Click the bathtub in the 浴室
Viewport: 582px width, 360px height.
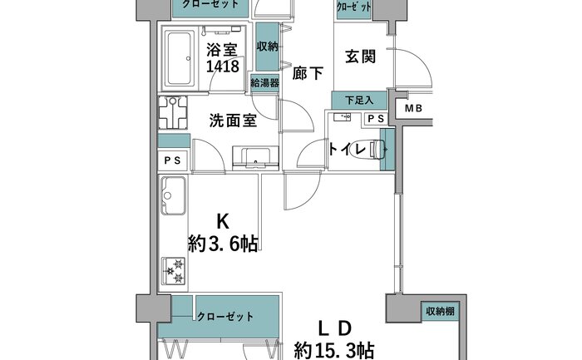point(180,59)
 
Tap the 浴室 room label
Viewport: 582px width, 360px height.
point(222,50)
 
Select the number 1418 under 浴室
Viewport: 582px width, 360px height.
point(222,67)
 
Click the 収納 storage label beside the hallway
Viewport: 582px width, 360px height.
point(267,47)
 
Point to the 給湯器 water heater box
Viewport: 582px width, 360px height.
point(264,83)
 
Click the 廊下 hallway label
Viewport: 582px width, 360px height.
point(308,73)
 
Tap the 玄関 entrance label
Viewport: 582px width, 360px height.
point(360,57)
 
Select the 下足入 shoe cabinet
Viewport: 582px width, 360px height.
point(359,101)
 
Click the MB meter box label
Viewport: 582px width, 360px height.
point(413,108)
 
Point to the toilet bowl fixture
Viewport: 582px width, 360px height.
point(375,150)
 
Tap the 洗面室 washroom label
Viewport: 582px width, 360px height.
point(233,121)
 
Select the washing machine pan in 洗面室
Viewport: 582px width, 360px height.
point(173,112)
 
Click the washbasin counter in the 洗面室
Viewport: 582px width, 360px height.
point(255,158)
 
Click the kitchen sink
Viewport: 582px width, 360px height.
point(173,196)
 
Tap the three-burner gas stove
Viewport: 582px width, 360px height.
point(173,271)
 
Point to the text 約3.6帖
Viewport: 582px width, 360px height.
point(223,244)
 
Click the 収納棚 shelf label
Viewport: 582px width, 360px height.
point(440,311)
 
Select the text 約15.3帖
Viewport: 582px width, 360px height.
point(334,350)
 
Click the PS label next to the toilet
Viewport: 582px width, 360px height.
point(376,119)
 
